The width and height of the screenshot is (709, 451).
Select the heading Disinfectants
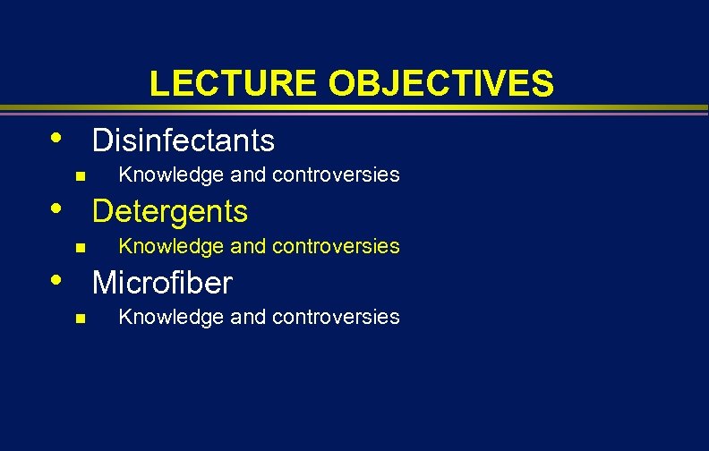184,140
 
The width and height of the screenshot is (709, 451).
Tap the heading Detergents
170,211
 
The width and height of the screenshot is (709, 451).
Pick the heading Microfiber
162,283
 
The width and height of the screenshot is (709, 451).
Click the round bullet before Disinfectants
56,138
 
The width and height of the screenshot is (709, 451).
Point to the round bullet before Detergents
56,208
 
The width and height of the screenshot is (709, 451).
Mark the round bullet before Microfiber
56,280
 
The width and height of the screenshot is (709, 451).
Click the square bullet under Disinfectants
80,175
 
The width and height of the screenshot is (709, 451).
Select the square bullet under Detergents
80,247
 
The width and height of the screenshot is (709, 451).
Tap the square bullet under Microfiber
80,318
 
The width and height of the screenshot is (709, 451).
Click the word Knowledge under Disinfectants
162,174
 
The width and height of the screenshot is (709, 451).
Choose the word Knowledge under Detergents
162,246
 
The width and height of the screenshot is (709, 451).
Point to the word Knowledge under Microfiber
162,317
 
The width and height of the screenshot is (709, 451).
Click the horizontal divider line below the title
354,110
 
